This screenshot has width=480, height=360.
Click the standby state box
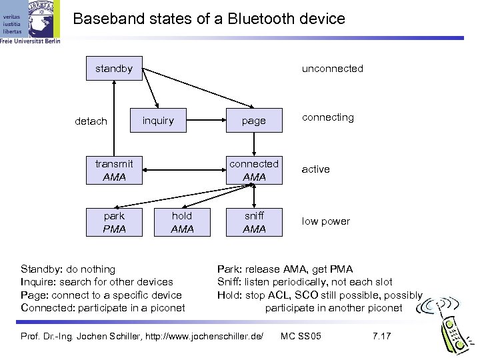(x=114, y=68)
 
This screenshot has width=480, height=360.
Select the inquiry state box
(x=158, y=121)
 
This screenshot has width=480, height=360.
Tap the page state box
(x=253, y=121)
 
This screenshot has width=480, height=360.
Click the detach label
(x=91, y=121)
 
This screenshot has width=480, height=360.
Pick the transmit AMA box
(x=114, y=170)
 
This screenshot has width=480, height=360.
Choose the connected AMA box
(x=254, y=170)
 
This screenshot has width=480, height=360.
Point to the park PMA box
(x=114, y=222)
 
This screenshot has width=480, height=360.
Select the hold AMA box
(x=182, y=222)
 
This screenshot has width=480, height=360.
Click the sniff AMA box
(x=254, y=222)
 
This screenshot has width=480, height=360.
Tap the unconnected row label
(x=332, y=68)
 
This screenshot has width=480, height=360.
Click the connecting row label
(x=328, y=117)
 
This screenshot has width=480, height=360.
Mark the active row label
(x=315, y=169)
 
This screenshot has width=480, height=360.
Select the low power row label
(x=325, y=221)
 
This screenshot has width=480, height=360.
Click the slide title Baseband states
(x=209, y=19)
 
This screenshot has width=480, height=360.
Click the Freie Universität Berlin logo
(x=30, y=23)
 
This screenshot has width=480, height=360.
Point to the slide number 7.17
(x=381, y=335)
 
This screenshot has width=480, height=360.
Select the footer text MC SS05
(x=301, y=335)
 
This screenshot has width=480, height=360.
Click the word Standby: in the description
(x=43, y=269)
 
